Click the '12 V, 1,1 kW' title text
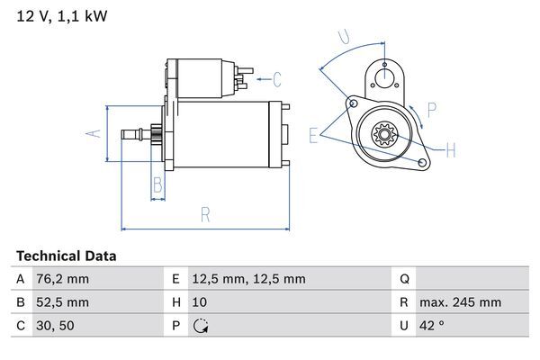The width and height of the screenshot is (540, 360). [60, 16]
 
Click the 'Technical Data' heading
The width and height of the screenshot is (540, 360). [67, 256]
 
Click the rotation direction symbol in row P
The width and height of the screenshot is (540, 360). [201, 326]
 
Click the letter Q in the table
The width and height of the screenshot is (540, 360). [404, 279]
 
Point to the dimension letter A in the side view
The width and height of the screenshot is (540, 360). [91, 133]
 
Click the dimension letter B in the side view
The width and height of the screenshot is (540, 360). [157, 186]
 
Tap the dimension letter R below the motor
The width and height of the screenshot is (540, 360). [205, 215]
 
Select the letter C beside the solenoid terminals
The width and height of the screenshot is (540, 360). [277, 78]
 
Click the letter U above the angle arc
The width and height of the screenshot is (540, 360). [342, 36]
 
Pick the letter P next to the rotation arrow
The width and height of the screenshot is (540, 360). [432, 111]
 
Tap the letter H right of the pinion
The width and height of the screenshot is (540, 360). [451, 148]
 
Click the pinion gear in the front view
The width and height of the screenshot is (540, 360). [384, 137]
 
